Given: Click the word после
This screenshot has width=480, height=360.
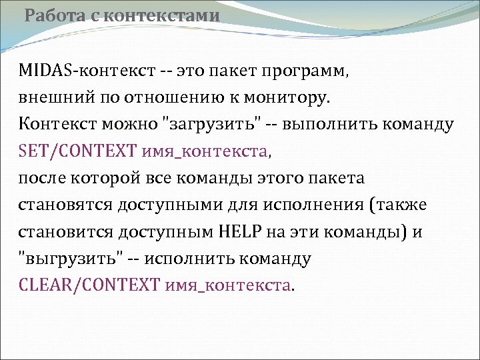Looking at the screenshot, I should (42, 179).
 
